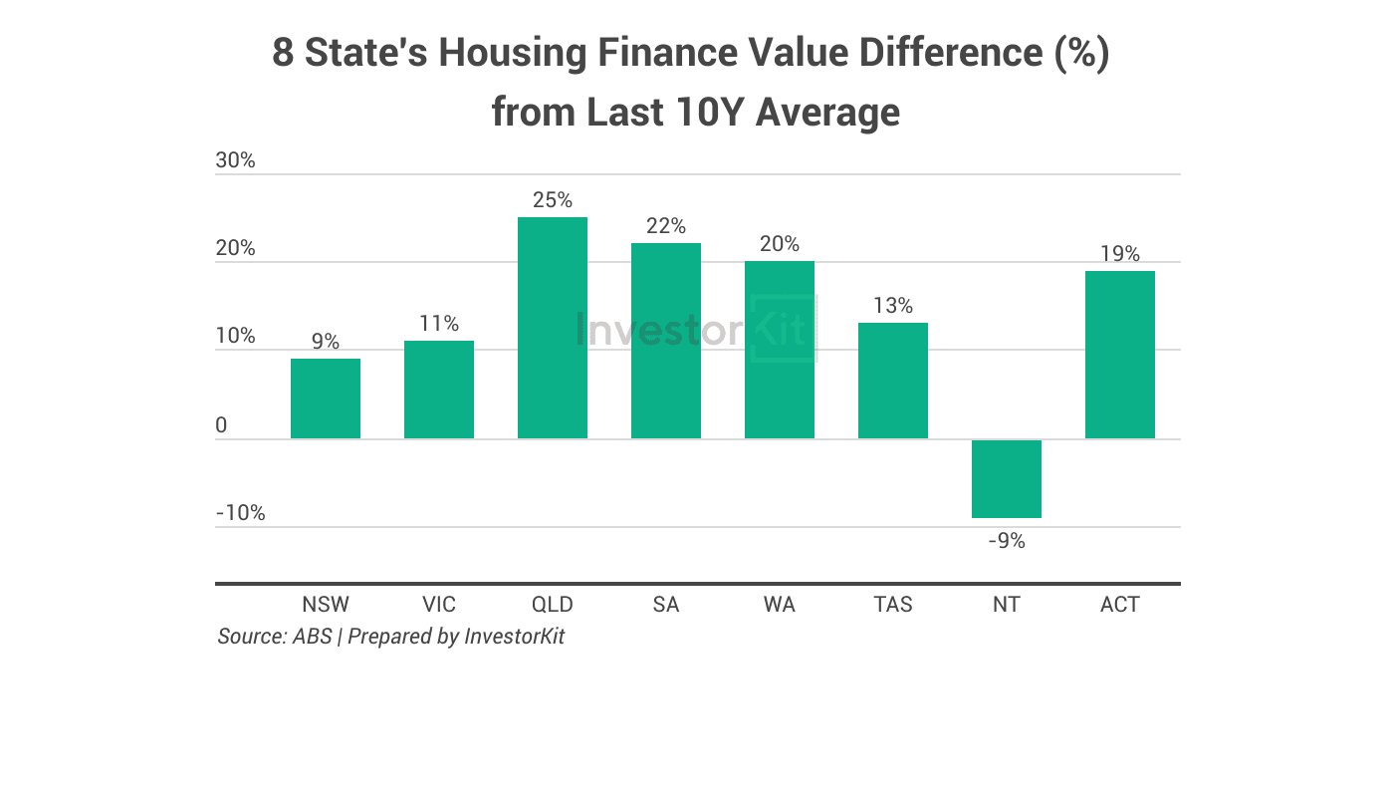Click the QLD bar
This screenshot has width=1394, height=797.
tap(552, 328)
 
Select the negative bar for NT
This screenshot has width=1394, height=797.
tap(1006, 478)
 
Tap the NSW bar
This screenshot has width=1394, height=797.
tap(325, 398)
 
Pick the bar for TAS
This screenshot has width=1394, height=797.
tap(892, 381)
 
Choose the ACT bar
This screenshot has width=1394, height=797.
tap(1119, 355)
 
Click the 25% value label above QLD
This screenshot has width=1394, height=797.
tap(552, 200)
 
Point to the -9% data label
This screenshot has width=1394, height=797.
tap(1006, 541)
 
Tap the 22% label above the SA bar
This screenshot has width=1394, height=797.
tap(665, 226)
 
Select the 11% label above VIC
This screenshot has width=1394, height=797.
tap(438, 324)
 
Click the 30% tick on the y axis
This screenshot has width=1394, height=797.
tap(235, 160)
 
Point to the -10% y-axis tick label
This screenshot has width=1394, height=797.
tap(240, 513)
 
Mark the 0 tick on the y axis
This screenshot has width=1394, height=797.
tap(221, 425)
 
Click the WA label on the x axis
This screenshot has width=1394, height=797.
tap(779, 605)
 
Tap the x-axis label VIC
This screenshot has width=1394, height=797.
tap(438, 605)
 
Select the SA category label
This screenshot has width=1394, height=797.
tap(665, 605)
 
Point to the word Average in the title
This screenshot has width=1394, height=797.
tap(826, 112)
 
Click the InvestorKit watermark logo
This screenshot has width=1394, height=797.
tap(695, 329)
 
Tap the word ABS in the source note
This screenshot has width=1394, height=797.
tap(312, 637)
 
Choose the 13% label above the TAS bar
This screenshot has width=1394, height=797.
tap(892, 306)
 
